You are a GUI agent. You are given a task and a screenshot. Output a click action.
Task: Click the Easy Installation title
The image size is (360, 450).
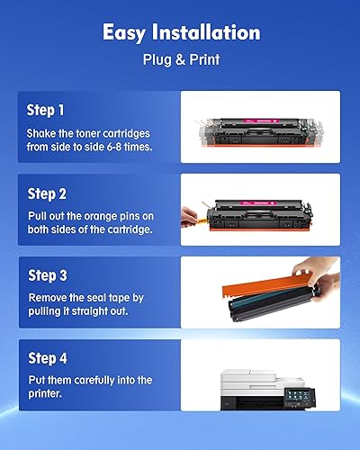tap(180, 33)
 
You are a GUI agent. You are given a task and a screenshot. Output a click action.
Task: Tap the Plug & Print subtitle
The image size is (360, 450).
tap(180, 61)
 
